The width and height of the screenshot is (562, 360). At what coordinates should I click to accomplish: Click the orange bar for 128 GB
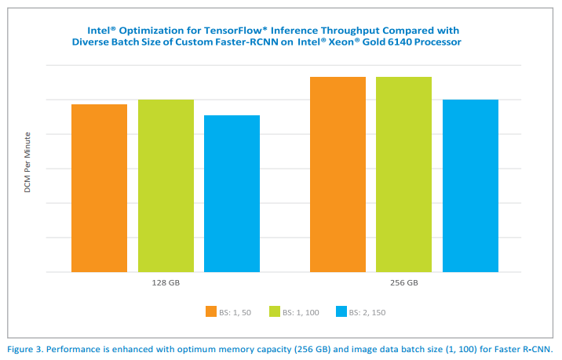99,188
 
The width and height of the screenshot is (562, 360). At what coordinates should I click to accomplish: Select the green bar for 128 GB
166,186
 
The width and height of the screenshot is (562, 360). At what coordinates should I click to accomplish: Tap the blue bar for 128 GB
232,194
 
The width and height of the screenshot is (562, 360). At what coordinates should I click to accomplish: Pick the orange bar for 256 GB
338,174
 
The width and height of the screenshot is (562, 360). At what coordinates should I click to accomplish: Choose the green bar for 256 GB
403,174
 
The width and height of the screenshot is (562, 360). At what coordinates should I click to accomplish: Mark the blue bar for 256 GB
470,186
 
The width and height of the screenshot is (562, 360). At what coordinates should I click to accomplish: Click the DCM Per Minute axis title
27,163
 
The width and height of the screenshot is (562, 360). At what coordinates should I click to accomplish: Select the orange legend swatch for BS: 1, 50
211,311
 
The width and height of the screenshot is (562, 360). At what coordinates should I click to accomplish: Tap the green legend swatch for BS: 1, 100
274,311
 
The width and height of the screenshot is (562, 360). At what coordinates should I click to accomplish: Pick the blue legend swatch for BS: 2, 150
341,311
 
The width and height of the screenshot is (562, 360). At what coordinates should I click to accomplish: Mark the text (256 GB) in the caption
317,348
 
